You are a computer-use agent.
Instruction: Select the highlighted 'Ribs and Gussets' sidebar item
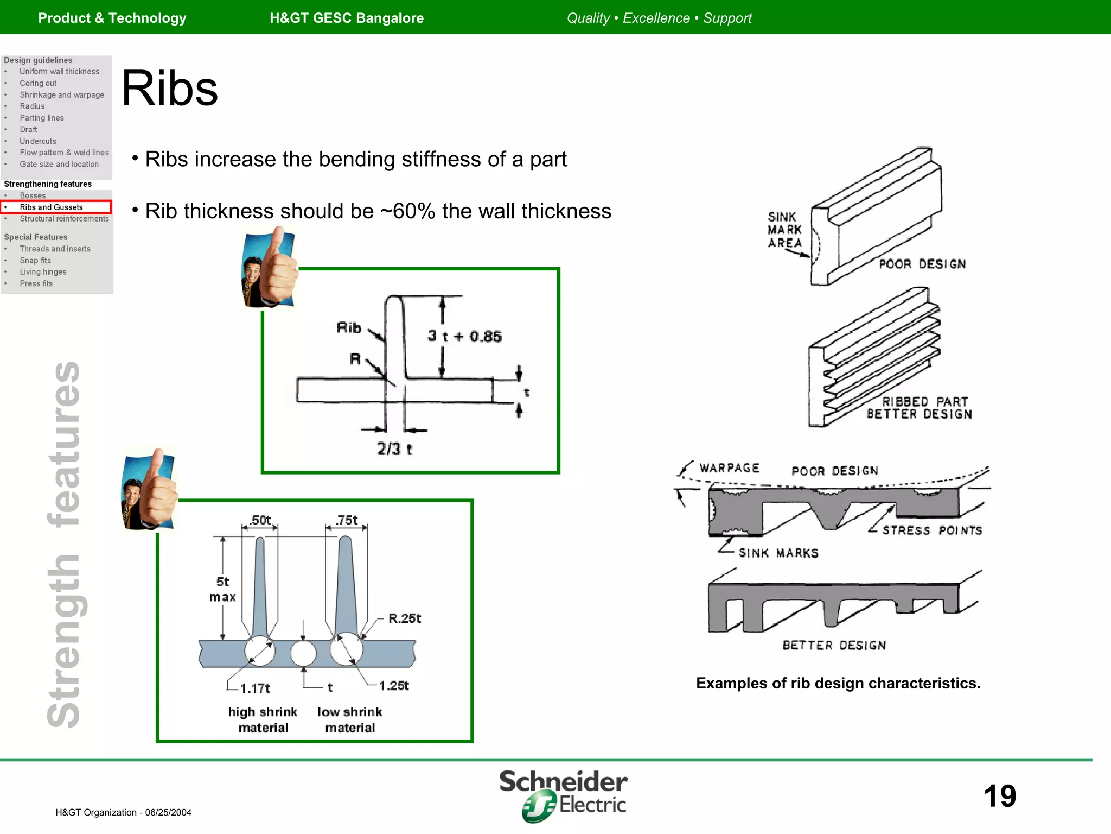52,207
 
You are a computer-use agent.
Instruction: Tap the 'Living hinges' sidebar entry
43,272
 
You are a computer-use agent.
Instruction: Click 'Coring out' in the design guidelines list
38,83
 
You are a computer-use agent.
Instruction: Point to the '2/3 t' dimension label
394,448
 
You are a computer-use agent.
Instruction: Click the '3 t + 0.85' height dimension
464,336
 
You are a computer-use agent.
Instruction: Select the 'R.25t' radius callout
405,618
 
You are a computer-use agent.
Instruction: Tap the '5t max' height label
222,589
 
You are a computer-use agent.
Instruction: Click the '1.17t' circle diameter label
255,688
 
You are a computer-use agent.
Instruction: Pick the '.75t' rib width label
347,520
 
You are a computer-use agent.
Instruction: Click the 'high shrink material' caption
263,719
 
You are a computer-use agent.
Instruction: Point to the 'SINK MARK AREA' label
784,230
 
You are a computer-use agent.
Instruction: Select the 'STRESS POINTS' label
932,530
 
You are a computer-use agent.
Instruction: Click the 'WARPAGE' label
729,468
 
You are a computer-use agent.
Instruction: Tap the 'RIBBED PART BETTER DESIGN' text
920,408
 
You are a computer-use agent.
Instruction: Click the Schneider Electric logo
564,795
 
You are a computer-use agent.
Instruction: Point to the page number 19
999,796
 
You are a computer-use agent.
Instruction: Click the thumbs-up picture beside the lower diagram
150,489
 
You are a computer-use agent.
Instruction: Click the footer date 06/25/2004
168,812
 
